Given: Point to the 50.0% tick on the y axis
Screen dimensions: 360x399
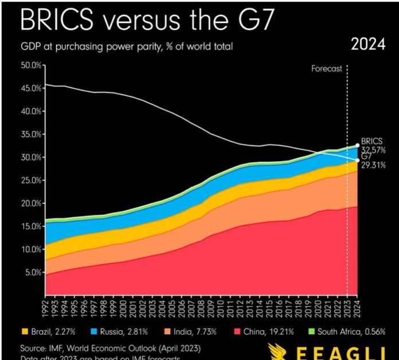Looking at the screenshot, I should click(32, 65).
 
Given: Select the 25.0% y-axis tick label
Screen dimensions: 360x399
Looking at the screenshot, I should click(32, 180).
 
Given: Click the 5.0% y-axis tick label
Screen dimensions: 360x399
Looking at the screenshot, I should click(34, 272).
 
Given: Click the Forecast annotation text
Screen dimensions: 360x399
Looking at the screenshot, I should click(327, 69).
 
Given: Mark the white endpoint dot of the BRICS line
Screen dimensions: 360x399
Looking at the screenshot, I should click(357, 146).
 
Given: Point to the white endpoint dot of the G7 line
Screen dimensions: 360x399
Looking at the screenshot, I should click(357, 161).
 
